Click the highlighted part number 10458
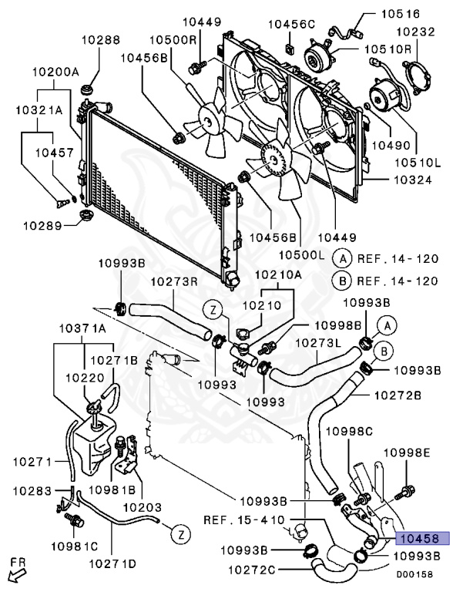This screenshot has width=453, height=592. coord(422,538)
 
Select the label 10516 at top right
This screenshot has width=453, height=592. coord(400,14)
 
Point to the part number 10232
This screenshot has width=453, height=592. coord(416,32)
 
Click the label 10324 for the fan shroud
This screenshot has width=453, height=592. coord(413,180)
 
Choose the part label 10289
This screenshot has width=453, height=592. coord(42,226)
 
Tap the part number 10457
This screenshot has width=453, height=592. coord(55,153)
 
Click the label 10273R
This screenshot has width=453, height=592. coord(175,281)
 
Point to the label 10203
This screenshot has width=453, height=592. coord(143,507)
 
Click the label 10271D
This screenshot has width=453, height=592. coord(112,564)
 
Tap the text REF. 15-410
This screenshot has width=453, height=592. coord(244,520)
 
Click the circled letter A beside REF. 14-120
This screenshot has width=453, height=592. coord(342,259)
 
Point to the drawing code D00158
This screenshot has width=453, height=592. coord(414,574)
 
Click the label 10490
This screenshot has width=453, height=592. coord(391,146)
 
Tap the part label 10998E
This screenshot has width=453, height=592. coord(407,452)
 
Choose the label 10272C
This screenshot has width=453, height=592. coord(251,570)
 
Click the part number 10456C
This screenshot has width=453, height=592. coord(291,25)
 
